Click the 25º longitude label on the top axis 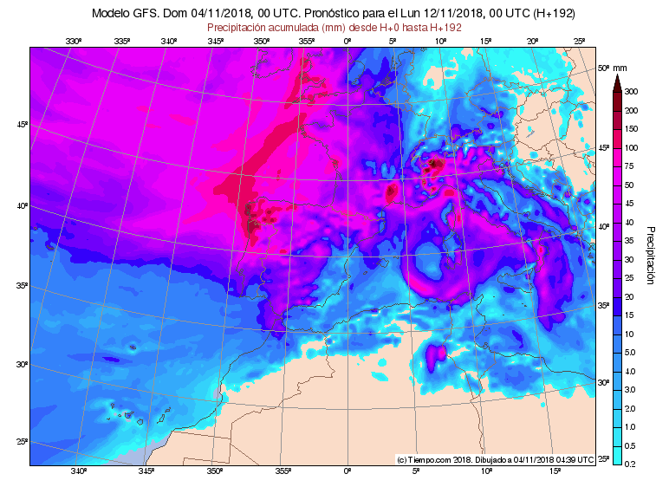click(580, 41)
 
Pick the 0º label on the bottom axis click(347, 471)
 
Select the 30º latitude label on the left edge click(23, 365)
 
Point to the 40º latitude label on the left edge click(23, 206)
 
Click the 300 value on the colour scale click(631, 92)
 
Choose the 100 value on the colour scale click(631, 147)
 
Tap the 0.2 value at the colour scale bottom click(631, 464)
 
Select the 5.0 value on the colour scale click(631, 353)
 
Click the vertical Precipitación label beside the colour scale click(651, 255)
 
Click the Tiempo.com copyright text click(495, 459)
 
